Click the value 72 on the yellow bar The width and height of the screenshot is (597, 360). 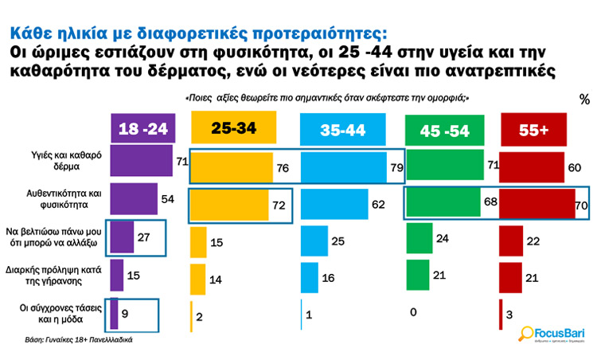pos(279,205)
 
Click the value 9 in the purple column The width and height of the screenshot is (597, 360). pos(126,311)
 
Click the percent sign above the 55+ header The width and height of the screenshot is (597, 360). pos(584,100)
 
